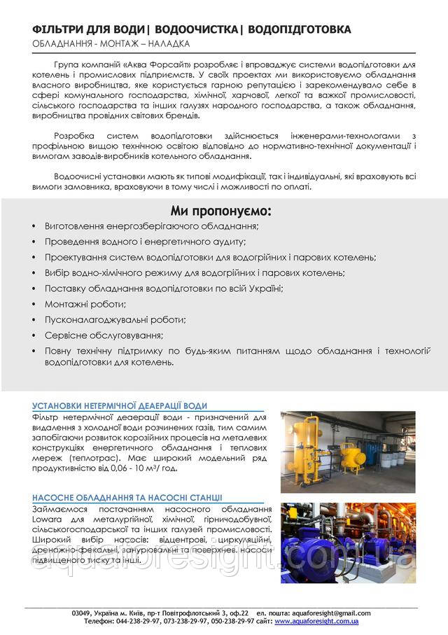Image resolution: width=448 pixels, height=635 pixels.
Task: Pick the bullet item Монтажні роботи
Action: [x=85, y=304]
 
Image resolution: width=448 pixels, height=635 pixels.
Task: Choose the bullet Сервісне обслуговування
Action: [x=99, y=335]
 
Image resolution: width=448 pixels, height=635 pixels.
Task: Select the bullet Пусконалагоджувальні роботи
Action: [x=115, y=319]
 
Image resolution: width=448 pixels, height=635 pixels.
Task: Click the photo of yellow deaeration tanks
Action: [x=348, y=450]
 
